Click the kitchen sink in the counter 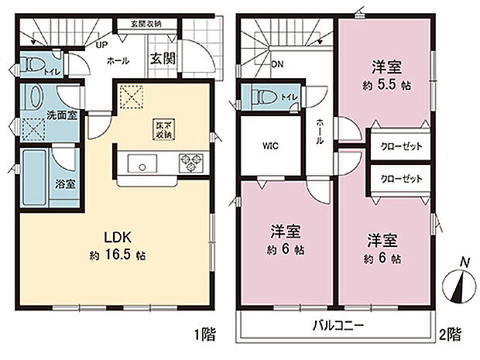coord(142,163)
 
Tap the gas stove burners coord(190,163)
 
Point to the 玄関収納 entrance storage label coord(146,24)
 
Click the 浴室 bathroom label coord(65,184)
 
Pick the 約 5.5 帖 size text coord(382,86)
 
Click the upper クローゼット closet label coord(400,146)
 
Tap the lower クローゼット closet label coord(400,178)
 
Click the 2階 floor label coord(451,334)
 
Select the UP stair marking coord(101,46)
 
